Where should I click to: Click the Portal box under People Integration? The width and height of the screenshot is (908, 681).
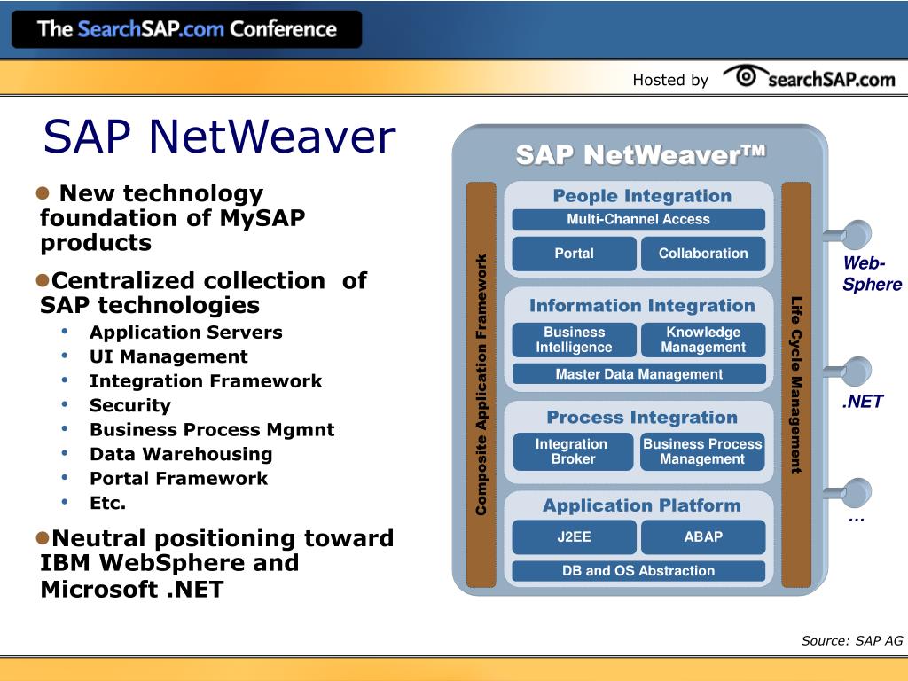click(x=574, y=254)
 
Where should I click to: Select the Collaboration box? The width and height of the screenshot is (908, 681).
click(x=702, y=254)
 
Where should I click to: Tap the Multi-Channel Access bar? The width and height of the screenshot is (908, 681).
click(x=638, y=219)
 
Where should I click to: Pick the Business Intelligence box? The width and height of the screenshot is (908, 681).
click(x=574, y=340)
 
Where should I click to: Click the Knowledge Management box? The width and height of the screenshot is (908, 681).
click(x=702, y=340)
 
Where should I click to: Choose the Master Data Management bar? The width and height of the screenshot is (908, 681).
click(x=638, y=374)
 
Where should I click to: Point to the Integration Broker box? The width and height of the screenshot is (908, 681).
click(x=573, y=451)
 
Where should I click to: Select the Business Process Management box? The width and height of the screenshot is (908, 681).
click(x=702, y=451)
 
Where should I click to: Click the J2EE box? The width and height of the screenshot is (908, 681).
click(x=574, y=536)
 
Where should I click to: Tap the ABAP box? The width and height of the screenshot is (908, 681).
click(x=702, y=536)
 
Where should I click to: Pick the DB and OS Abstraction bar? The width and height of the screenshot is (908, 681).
click(x=638, y=571)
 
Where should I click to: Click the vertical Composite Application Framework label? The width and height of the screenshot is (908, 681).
click(x=481, y=385)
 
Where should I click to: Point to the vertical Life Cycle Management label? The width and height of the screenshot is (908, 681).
click(x=796, y=385)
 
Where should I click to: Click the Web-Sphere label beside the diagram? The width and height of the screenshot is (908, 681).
click(x=872, y=274)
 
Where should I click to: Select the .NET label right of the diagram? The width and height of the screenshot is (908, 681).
click(x=862, y=402)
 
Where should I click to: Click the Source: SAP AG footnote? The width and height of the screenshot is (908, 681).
click(x=851, y=641)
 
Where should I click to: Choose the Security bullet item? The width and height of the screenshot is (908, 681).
click(x=129, y=405)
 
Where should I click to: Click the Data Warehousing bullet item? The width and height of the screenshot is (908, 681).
click(x=181, y=454)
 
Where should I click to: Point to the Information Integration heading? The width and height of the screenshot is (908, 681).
click(x=642, y=306)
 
